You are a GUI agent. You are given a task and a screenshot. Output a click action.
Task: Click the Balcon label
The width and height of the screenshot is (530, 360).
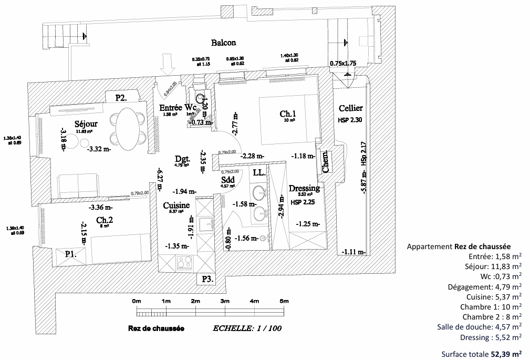[223, 43]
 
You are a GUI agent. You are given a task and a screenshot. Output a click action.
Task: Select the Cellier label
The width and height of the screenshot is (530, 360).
[350, 108]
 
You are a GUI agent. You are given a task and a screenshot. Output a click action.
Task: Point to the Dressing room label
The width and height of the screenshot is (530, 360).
[304, 188]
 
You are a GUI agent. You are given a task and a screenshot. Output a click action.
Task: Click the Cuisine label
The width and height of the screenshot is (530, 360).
[176, 205]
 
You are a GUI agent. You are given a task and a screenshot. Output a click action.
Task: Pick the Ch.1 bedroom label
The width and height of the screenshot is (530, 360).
[288, 114]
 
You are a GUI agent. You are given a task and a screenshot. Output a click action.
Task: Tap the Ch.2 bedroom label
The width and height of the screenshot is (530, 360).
[102, 220]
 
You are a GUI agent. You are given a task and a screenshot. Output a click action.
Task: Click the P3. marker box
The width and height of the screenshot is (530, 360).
[206, 279]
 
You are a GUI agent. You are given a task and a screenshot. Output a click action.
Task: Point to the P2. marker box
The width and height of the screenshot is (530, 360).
[121, 97]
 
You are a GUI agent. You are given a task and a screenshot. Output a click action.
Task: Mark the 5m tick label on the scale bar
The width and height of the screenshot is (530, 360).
[284, 301]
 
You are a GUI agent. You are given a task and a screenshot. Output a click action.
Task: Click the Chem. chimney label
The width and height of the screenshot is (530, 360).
[326, 163]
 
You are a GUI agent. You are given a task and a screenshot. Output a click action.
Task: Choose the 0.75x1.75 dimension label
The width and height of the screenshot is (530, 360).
[343, 63]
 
